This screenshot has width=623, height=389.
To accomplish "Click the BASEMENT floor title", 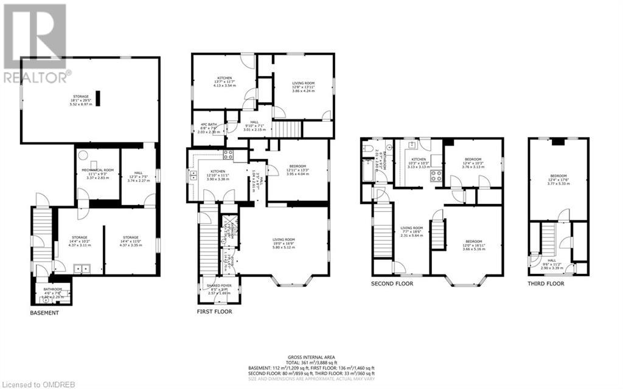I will pos(44,313).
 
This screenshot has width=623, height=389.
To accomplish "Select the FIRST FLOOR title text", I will pos(214,312).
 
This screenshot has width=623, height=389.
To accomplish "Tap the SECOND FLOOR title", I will pos(392,284).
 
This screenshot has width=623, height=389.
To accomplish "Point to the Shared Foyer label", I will pos(218,289).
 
